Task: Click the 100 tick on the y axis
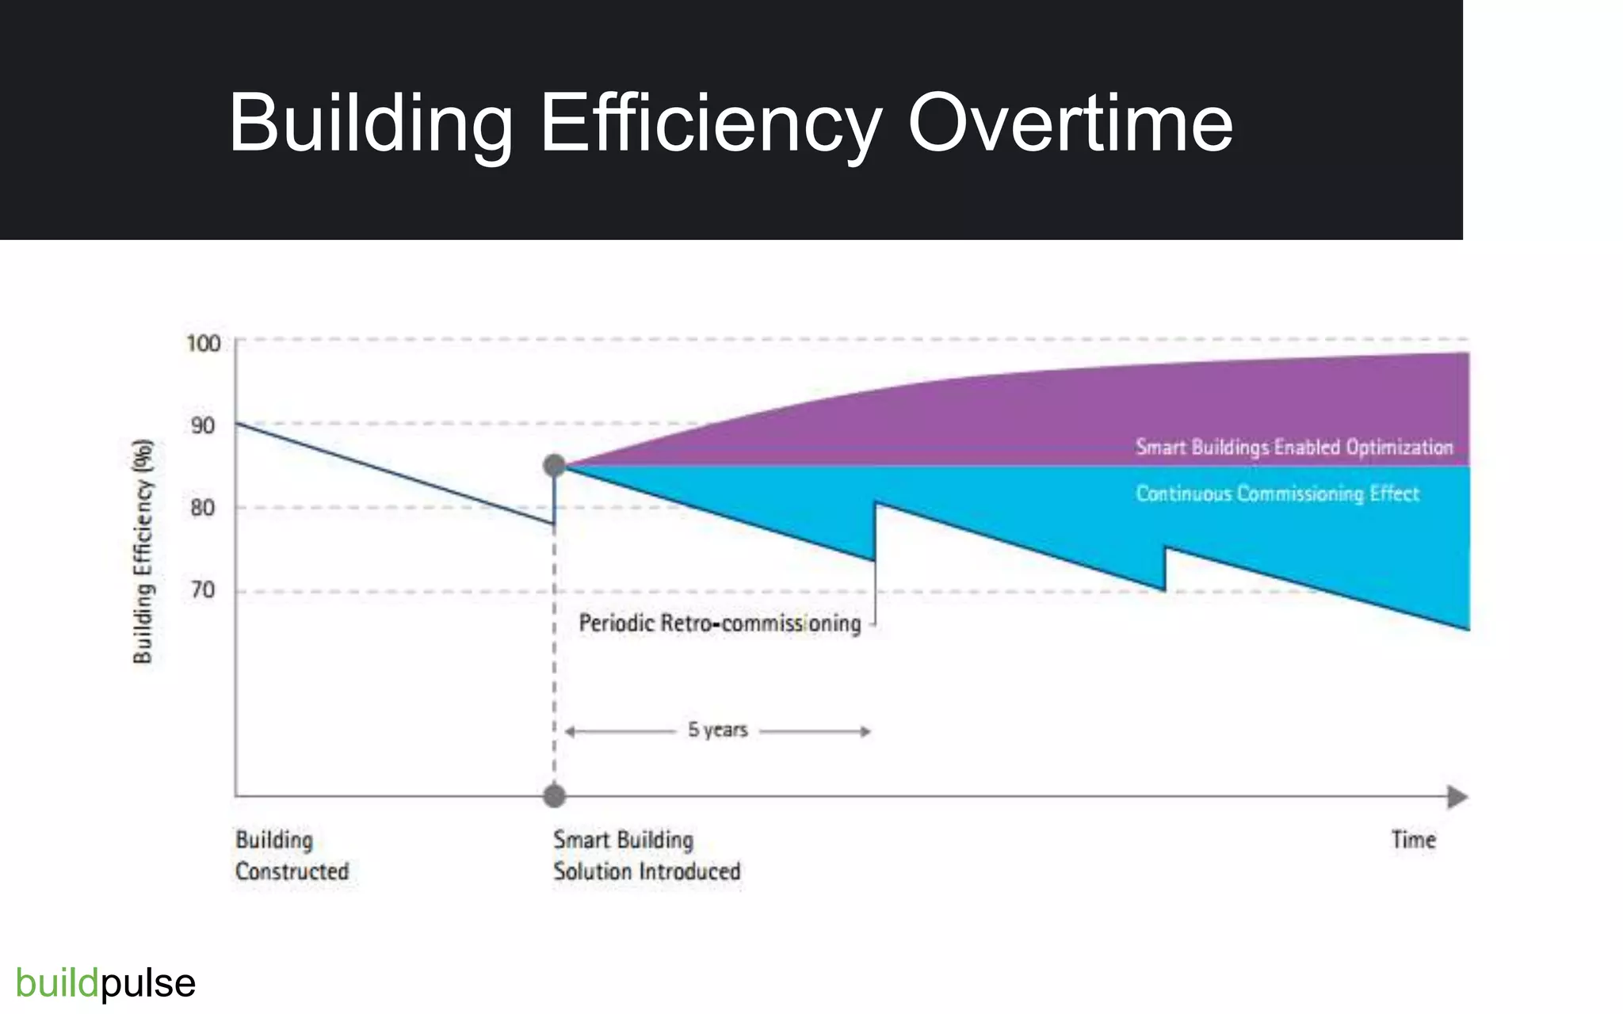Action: [x=203, y=343]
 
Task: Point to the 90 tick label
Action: [x=203, y=426]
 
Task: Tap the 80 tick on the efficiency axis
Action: [x=203, y=508]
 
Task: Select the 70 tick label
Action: [x=203, y=590]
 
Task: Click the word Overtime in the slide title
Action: [x=1070, y=124]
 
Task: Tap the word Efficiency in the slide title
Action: [x=710, y=124]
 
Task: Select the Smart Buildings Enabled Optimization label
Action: [x=1294, y=448]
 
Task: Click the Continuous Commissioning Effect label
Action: [x=1277, y=494]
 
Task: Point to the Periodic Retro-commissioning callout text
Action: [x=720, y=623]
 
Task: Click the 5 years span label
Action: [x=717, y=730]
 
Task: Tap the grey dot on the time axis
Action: [x=555, y=796]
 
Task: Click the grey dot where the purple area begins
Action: [x=555, y=466]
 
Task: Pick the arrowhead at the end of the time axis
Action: [x=1457, y=797]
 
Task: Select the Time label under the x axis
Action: [x=1413, y=840]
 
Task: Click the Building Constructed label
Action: [x=292, y=856]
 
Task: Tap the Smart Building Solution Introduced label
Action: [x=647, y=856]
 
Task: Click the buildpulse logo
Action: [x=105, y=983]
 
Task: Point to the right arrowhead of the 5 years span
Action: [x=866, y=731]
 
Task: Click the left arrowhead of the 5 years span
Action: [x=570, y=731]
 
